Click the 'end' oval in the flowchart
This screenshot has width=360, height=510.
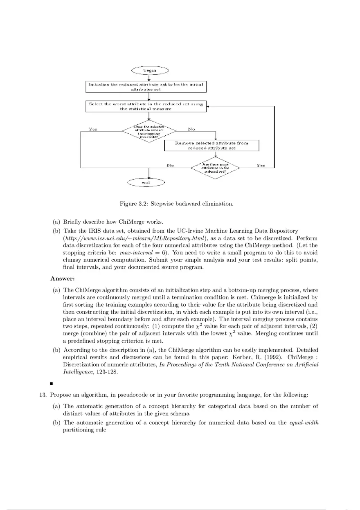[x=146, y=183]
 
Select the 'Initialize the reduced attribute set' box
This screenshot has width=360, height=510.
[x=146, y=86]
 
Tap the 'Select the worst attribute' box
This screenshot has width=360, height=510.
[x=146, y=106]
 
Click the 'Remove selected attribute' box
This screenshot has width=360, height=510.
[x=211, y=146]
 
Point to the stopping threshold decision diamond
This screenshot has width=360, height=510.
[x=149, y=131]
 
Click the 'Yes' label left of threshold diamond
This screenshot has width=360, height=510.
[x=93, y=129]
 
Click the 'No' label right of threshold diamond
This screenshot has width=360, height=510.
[x=191, y=129]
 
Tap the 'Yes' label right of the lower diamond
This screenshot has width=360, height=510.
[x=261, y=165]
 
